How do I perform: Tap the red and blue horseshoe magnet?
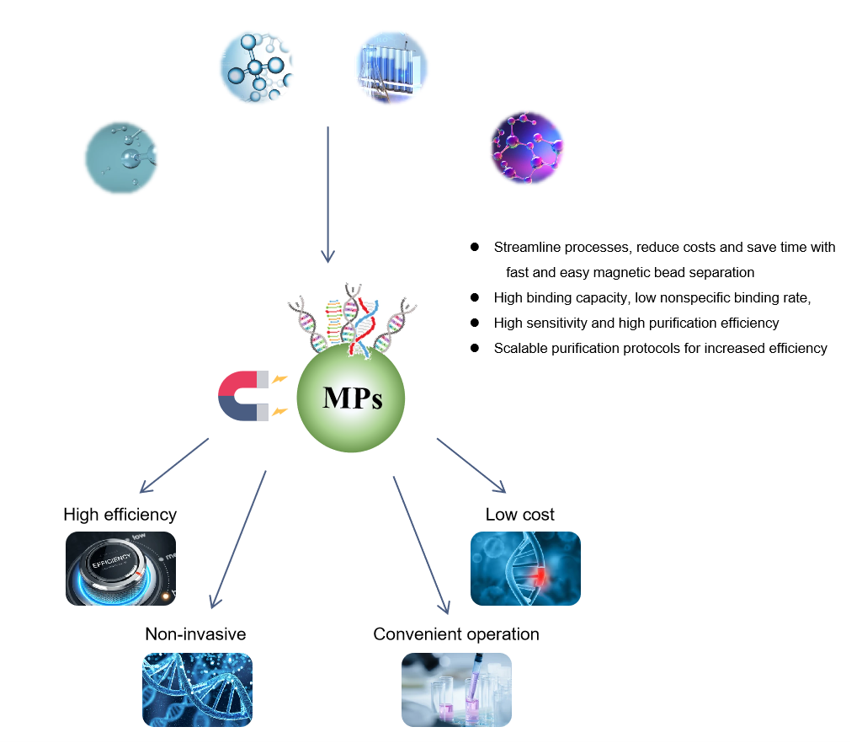[x=244, y=396]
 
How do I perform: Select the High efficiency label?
[x=120, y=514]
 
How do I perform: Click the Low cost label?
[x=520, y=514]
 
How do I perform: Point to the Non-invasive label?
[x=195, y=633]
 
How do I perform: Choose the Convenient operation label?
[x=456, y=633]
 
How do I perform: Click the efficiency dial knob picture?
[x=120, y=569]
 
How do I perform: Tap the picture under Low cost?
[x=525, y=569]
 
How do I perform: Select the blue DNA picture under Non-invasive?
[x=197, y=689]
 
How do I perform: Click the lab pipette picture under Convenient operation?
[x=456, y=689]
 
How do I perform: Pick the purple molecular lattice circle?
[x=527, y=148]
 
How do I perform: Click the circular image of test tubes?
[x=391, y=67]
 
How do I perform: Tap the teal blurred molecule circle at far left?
[x=121, y=158]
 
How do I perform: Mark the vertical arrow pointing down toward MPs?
[x=327, y=194]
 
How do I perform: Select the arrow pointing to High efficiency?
[x=174, y=465]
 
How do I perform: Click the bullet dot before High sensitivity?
[x=475, y=323]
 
